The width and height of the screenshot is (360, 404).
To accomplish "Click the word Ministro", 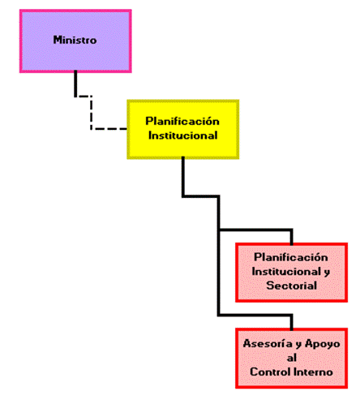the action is coord(75,40).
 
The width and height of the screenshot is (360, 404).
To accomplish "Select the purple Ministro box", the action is coord(75,41).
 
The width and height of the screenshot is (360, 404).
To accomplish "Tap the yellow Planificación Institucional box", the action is coord(183,129).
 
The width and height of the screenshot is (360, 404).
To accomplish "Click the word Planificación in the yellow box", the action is coord(182,121).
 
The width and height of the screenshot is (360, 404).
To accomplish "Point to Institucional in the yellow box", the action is coord(183,135).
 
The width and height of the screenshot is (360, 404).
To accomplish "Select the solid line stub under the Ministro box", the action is coord(75,84).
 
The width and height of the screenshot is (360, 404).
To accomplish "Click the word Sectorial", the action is coord(292,286).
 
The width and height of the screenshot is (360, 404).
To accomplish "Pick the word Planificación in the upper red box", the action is coord(291,257).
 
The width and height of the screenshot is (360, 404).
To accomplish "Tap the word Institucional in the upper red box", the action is coord(287,272).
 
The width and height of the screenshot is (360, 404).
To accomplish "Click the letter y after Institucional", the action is coord(327,273).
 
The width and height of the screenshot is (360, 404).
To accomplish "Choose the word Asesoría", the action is coord(268,343).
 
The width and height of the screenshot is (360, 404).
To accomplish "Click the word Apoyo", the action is coord(323,344).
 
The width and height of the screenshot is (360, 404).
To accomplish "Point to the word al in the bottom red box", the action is coord(292,358).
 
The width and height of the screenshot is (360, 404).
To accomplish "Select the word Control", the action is coord(270,372).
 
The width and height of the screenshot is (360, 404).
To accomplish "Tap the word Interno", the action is coord(313,372).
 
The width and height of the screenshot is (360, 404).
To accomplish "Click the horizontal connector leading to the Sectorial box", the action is coord(255,230).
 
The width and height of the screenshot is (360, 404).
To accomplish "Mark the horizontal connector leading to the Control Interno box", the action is coord(255,315).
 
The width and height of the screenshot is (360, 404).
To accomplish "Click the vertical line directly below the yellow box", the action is coord(183,176).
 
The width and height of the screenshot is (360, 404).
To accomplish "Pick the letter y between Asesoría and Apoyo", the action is coord(298,345).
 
